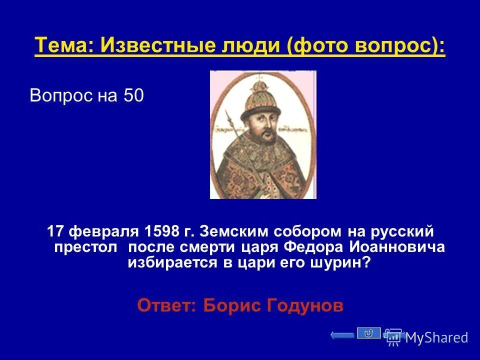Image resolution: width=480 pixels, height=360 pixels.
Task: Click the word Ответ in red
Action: click(166, 305)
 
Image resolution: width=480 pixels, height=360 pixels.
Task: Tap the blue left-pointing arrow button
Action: click(342, 335)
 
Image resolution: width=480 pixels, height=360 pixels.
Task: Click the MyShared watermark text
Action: click(437, 338)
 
